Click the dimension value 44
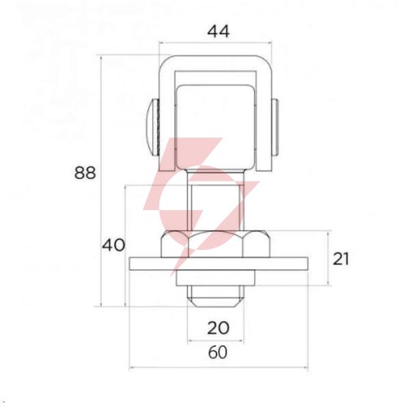click(218, 32)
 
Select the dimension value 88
click(85, 173)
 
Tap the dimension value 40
click(113, 245)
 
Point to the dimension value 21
click(341, 259)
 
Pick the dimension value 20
click(218, 328)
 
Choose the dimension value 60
click(218, 352)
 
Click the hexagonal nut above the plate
click(216, 244)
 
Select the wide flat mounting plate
click(218, 264)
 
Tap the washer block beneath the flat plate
click(216, 278)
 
